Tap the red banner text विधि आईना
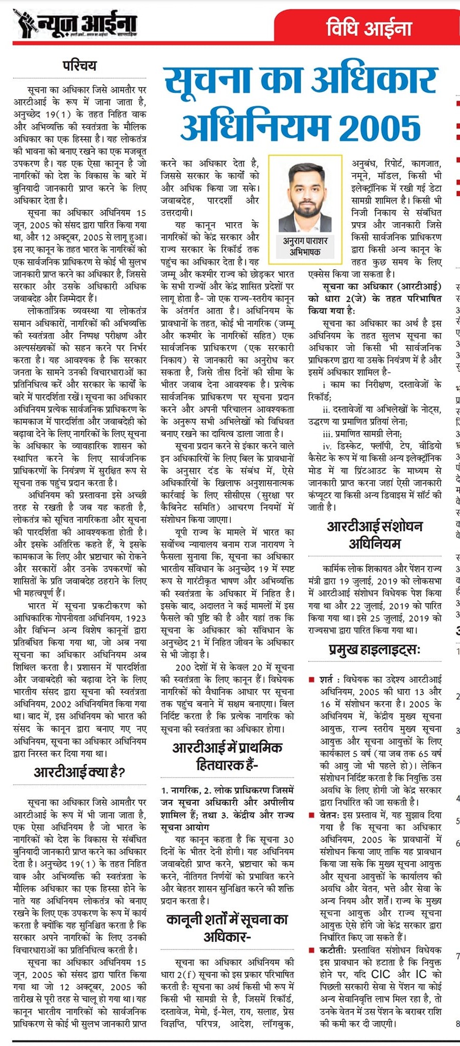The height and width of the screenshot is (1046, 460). pos(369,28)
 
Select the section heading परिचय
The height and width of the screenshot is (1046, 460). pos(79,65)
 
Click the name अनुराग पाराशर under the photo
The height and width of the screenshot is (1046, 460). pos(305,241)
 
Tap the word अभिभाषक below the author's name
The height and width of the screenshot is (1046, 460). pos(305,252)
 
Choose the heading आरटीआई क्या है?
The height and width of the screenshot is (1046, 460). pos(80,772)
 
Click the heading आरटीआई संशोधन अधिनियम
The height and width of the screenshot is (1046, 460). pos(375,535)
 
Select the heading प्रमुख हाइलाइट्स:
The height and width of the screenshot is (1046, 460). pos(375,650)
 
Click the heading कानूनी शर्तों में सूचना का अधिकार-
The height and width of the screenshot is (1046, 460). pos(227,928)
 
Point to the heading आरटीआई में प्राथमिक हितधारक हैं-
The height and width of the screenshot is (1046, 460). pos(227,756)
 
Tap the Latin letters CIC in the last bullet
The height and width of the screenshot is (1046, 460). pos(380,974)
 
